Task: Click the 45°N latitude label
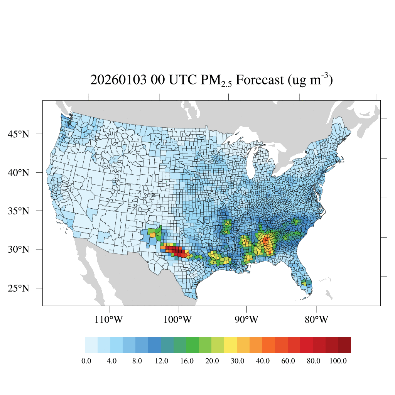[19, 134]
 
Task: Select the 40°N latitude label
[19, 172]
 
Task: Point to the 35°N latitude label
[19, 211]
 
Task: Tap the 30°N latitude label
[19, 249]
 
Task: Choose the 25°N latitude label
[19, 288]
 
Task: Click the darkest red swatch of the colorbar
[344, 345]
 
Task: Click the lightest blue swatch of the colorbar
[91, 345]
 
